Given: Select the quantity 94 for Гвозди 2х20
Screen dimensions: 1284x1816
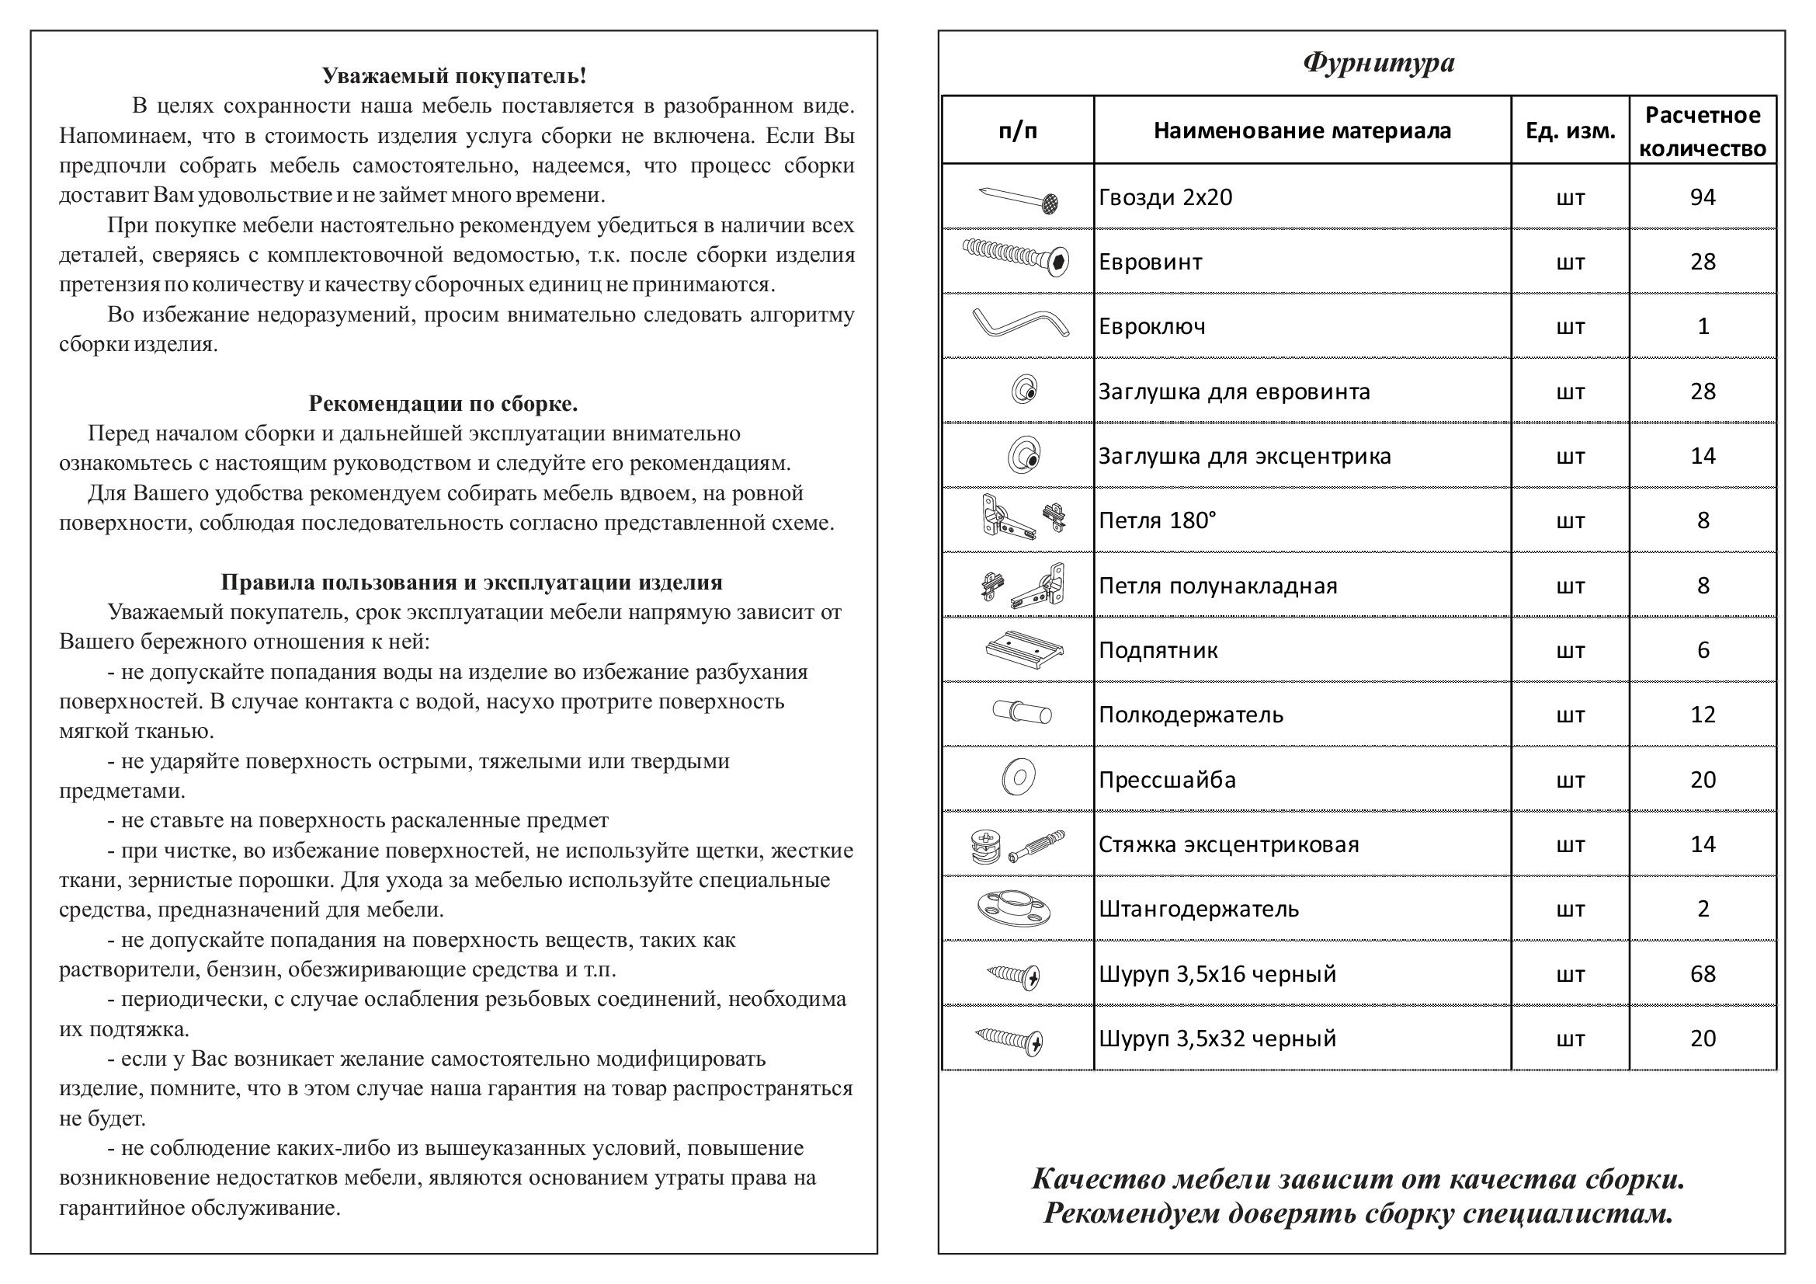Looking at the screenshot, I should click(x=1702, y=197).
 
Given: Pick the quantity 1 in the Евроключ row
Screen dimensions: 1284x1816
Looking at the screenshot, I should click(x=1703, y=326).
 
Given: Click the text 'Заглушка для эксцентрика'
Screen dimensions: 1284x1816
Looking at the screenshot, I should click(x=1244, y=456).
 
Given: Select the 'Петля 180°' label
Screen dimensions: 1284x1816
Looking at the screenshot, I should click(x=1157, y=520).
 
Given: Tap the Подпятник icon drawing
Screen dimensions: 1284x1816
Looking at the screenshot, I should click(x=1023, y=649).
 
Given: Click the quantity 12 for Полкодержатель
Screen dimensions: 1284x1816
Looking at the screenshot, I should click(x=1702, y=715).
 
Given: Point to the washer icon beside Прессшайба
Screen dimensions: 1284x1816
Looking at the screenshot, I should click(x=1019, y=778).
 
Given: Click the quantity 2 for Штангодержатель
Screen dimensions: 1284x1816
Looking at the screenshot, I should click(x=1703, y=908).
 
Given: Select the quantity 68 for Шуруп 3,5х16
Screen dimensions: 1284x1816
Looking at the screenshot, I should click(x=1702, y=973).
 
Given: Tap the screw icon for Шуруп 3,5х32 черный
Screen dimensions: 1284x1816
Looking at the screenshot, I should click(x=1009, y=1039).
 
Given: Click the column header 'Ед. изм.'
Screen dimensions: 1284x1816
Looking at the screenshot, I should click(x=1569, y=130).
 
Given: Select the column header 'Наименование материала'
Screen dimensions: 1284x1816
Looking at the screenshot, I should click(x=1302, y=130).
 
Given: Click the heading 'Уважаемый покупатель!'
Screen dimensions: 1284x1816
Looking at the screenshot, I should click(x=454, y=76).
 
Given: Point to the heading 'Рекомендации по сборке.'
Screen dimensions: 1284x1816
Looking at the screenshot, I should click(x=443, y=403).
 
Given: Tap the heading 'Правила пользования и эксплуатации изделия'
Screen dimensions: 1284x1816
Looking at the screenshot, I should click(x=471, y=583).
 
